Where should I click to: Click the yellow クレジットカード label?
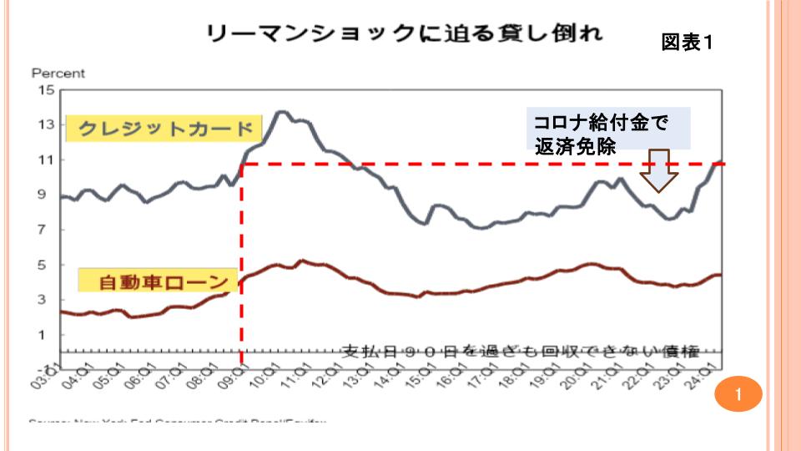coord(164,129)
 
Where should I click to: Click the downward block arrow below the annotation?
coord(659,170)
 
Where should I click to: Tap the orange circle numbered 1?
coord(738,393)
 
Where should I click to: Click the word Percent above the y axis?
coord(58,73)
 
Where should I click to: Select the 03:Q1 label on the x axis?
coord(52,372)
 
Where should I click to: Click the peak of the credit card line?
coord(281,111)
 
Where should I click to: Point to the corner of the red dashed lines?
coord(242,165)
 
